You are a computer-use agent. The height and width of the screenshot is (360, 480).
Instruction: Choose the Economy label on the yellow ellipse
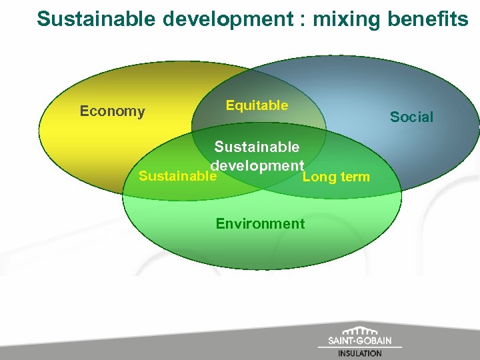coord(112,111)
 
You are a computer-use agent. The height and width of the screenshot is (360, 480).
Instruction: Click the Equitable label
coord(257,105)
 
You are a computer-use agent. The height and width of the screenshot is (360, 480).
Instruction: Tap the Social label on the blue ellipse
coord(411,117)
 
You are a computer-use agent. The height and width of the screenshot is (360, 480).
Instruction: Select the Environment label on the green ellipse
coord(260,223)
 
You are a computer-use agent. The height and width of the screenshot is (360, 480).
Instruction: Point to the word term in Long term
coord(354,177)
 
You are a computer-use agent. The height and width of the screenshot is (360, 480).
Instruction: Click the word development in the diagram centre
coord(257,165)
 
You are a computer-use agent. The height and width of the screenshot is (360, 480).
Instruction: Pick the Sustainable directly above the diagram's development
coord(257,147)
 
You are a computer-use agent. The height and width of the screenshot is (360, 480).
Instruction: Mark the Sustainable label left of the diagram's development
coord(177,177)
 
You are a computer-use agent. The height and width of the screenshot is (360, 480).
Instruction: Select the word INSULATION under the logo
coord(360,353)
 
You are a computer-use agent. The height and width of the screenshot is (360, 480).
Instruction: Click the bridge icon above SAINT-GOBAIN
coord(360,331)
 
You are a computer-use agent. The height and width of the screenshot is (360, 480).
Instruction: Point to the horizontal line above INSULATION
coord(360,347)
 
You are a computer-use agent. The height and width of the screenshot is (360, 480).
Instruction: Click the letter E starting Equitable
coord(230,105)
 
